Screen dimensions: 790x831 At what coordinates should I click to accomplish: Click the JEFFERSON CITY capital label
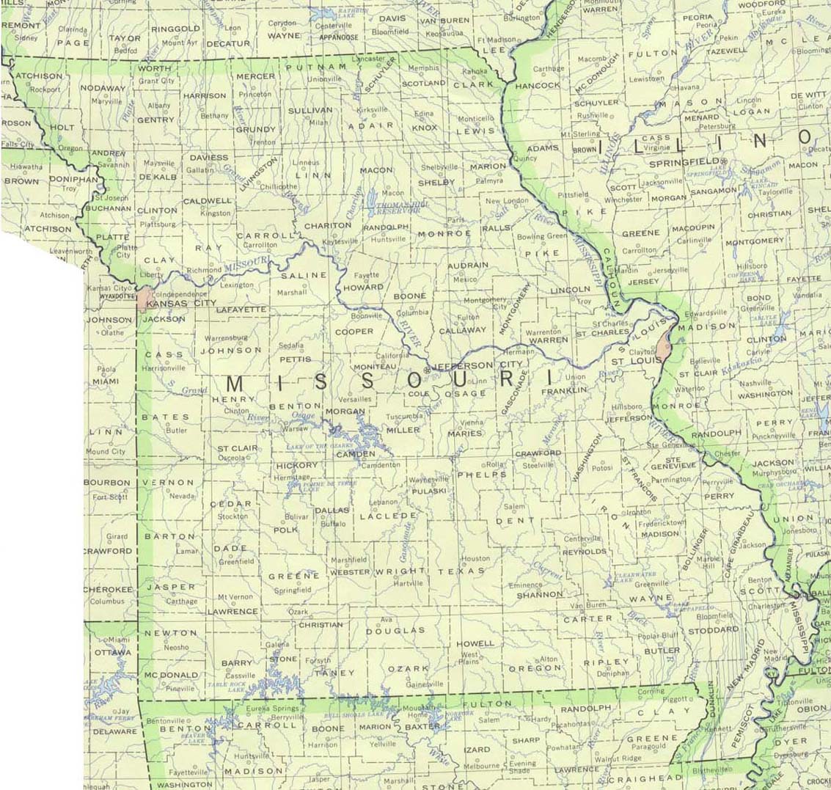coord(463,365)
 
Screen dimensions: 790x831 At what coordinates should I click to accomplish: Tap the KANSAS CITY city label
coord(181,303)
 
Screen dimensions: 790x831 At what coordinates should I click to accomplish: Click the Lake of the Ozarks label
coord(319,446)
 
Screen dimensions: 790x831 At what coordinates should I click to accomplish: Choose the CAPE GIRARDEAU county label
coord(739,546)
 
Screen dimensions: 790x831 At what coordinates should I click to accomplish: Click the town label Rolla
coord(496,464)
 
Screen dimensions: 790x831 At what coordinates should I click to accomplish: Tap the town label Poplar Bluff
coord(658,635)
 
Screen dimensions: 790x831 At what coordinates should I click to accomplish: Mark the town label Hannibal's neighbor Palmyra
coord(489,180)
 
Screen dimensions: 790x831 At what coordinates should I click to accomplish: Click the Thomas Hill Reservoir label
coord(397,208)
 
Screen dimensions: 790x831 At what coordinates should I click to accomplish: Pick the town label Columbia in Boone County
coord(412,312)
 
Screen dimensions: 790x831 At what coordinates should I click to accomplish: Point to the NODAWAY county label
coord(103,89)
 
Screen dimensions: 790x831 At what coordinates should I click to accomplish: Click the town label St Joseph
coord(112,198)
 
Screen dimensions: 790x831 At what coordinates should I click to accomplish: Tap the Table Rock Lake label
coord(225,686)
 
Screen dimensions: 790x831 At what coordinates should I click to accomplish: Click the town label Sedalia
coord(291,345)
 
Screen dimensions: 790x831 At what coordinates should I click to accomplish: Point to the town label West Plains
coord(469,654)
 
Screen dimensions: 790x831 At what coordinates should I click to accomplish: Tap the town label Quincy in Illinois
coord(525,158)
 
